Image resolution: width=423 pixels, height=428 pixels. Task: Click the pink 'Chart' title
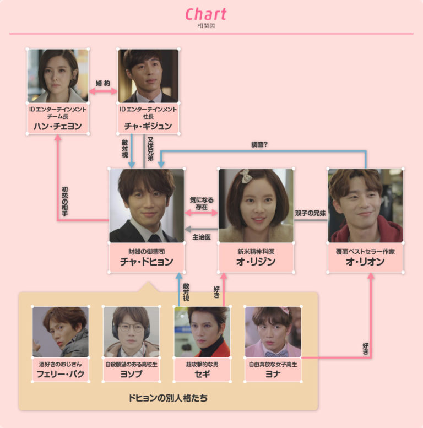coord(205,14)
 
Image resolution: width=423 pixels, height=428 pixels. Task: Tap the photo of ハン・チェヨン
coord(58,75)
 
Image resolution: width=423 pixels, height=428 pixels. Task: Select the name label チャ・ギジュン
coord(148,126)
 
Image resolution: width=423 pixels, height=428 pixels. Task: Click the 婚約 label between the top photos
coord(103,83)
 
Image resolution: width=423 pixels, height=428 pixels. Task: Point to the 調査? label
coord(259,145)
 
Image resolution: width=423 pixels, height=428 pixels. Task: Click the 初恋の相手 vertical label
coord(64,201)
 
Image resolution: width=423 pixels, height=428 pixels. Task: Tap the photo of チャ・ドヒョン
coord(147,205)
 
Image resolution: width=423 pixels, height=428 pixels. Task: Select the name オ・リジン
coord(256,262)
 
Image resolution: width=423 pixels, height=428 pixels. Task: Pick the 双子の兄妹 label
coord(311,213)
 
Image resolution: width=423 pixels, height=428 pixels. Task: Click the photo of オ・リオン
coord(365,205)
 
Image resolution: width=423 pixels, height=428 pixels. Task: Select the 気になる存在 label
coord(202,203)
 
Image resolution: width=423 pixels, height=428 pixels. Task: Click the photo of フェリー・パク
coord(60,332)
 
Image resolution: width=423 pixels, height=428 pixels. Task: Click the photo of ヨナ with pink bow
coord(273,332)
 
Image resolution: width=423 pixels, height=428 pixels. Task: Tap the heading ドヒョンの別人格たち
coord(168,397)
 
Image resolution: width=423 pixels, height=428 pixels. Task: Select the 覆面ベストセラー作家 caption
coord(365,251)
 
